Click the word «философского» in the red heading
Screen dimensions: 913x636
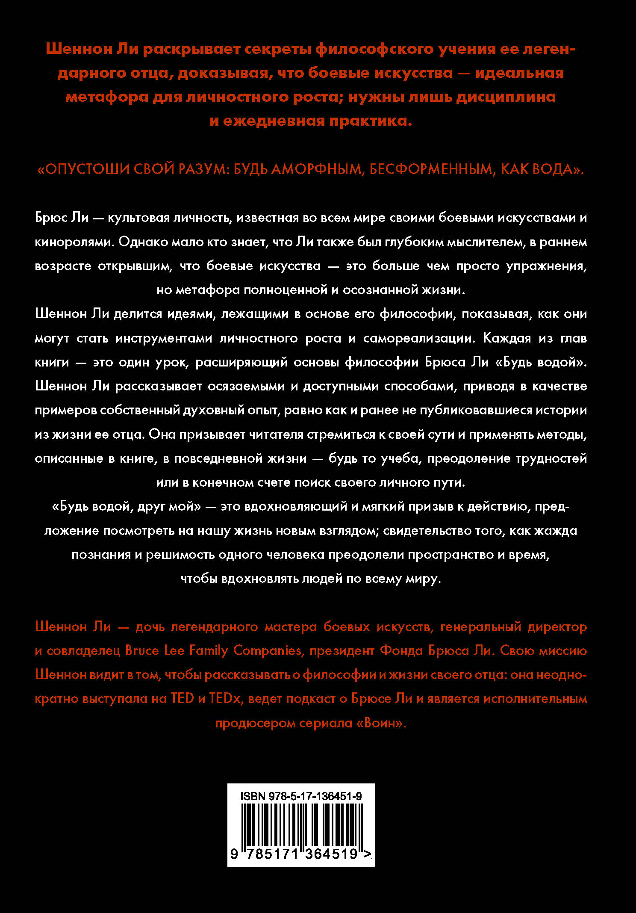pos(375,50)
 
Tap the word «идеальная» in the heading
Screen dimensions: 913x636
pos(519,73)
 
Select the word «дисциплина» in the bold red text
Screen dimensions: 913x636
pos(506,97)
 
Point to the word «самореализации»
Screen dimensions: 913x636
pos(419,338)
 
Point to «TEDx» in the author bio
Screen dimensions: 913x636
pos(226,698)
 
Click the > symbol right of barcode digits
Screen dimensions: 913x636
pos(368,854)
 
